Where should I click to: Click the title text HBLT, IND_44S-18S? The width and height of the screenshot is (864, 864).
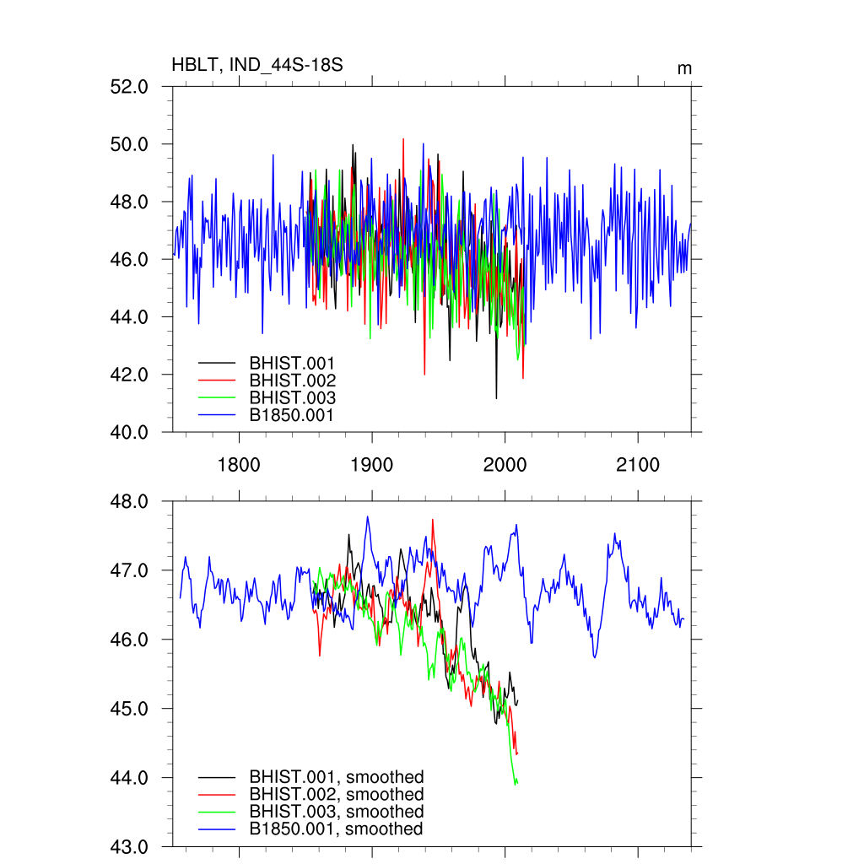[256, 66]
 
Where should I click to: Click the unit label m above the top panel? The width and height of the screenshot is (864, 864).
[684, 67]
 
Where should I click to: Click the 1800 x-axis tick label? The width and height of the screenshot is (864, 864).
[239, 464]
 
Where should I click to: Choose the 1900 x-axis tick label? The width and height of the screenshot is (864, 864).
[372, 464]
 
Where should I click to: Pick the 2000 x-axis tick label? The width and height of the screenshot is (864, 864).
[505, 464]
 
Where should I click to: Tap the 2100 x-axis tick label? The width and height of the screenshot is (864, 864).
[638, 464]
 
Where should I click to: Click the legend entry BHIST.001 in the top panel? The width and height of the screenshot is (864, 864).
[292, 364]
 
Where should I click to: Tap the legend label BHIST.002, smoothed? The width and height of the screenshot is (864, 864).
[336, 794]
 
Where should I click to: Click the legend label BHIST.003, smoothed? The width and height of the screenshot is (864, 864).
[336, 812]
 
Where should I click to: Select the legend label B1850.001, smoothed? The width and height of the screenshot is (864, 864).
[336, 829]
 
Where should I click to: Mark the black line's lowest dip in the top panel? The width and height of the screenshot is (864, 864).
[496, 397]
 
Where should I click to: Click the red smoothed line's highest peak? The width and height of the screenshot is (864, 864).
[433, 520]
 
